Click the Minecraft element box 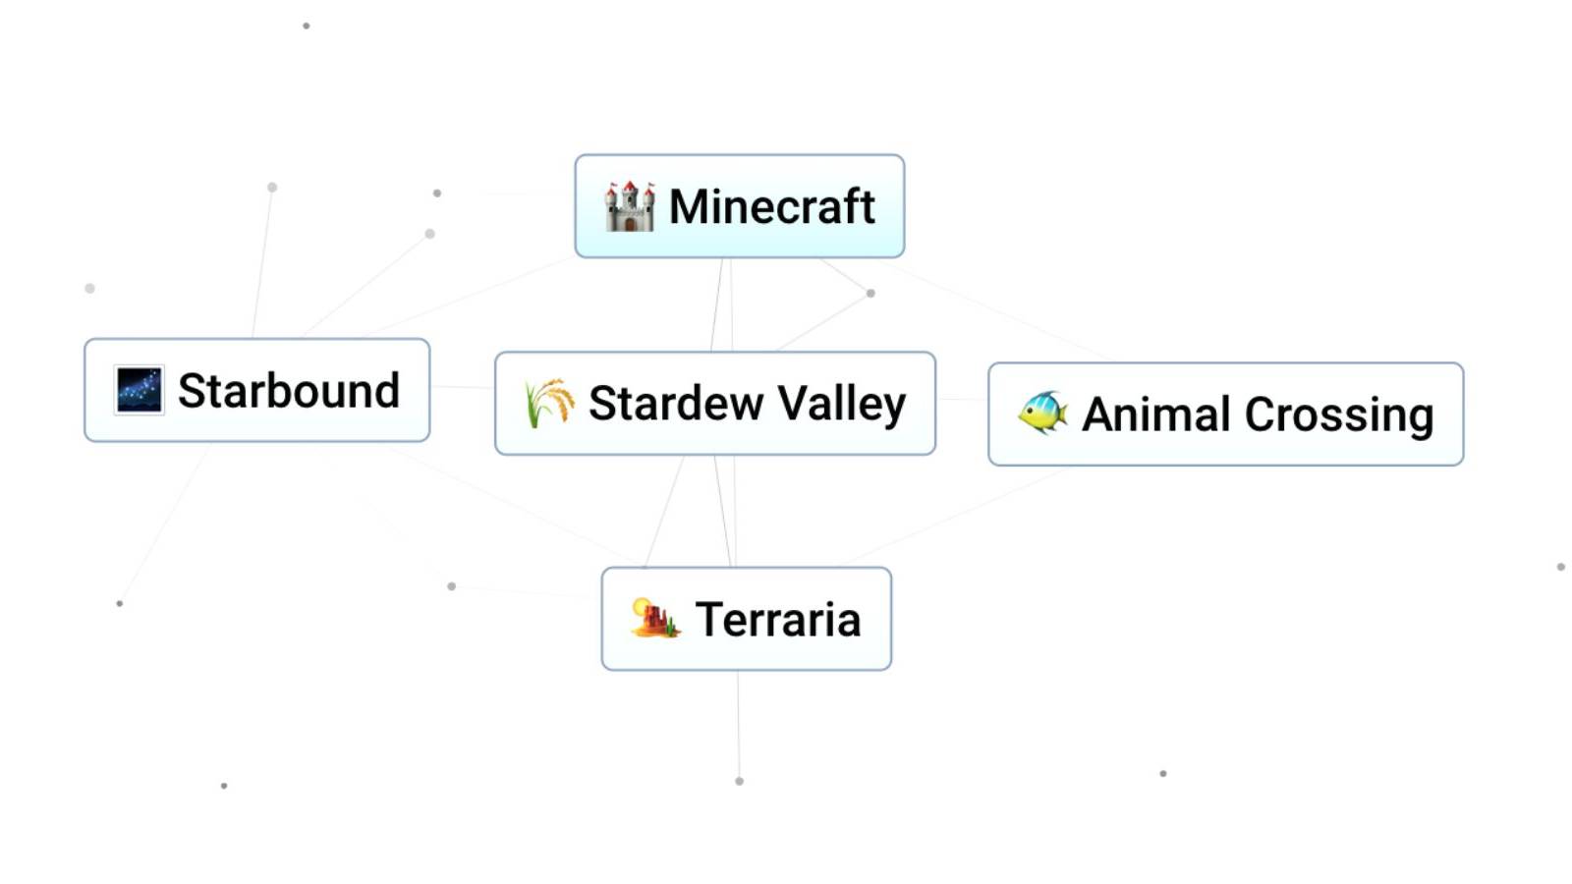tap(739, 206)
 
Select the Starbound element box tap(256, 390)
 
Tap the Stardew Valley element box tap(714, 403)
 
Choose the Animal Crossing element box tap(1225, 414)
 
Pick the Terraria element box tap(746, 619)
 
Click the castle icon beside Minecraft tap(629, 206)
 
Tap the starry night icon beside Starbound tap(139, 390)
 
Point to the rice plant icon tap(548, 403)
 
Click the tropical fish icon tap(1042, 413)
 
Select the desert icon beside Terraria tap(655, 619)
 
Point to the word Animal tap(1156, 414)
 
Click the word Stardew tap(676, 403)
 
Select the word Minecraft tap(771, 206)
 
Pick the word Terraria tap(777, 619)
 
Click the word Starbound tap(288, 390)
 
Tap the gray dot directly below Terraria tap(739, 781)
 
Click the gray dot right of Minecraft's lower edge tap(870, 293)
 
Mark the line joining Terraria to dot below tap(738, 727)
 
